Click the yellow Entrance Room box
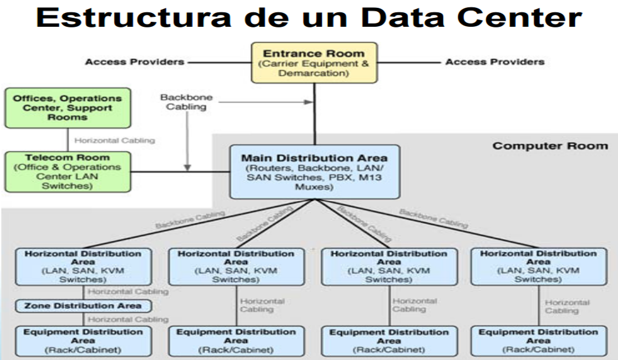point(314,62)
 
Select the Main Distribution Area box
point(314,172)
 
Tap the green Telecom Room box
point(68,172)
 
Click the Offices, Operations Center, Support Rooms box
point(68,108)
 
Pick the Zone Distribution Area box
point(83,306)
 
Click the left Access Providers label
point(135,62)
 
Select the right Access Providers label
point(495,62)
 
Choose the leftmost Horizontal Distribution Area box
point(83,266)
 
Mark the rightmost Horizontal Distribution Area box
point(538,266)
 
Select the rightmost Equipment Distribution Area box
point(538,341)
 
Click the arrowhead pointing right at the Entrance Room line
point(309,102)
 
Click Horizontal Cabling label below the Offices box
point(114,141)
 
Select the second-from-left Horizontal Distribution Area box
point(236,266)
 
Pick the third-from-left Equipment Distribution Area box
point(389,341)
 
